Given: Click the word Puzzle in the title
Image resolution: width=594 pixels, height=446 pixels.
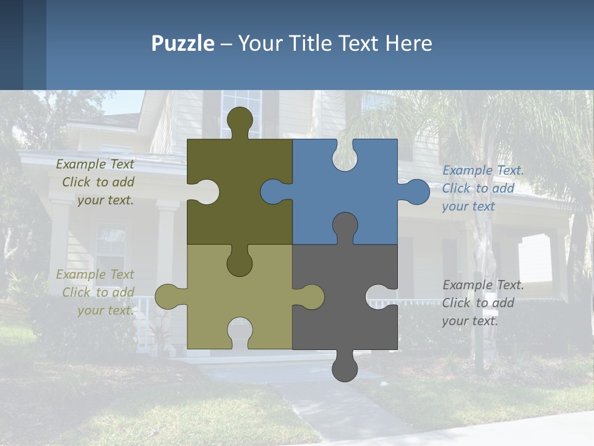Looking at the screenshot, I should tap(183, 44).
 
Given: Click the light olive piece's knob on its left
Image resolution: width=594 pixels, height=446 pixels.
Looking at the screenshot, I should tap(167, 297).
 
